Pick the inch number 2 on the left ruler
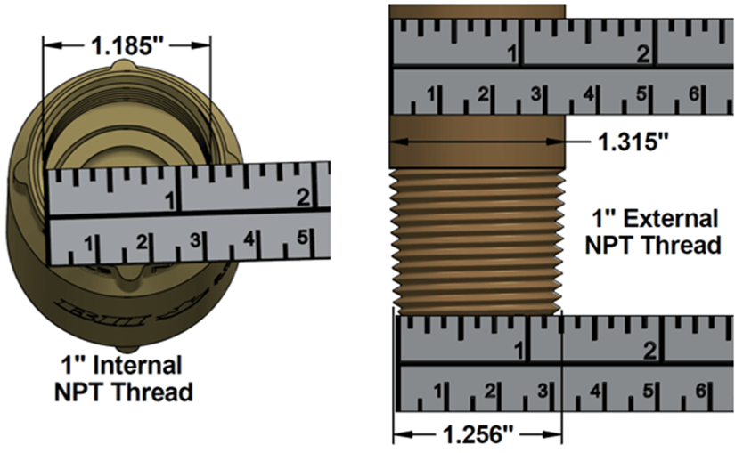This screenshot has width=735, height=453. click(x=303, y=198)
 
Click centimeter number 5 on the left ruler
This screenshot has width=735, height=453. click(x=302, y=239)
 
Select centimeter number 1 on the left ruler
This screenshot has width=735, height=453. click(x=89, y=242)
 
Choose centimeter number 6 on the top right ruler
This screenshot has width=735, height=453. click(x=696, y=93)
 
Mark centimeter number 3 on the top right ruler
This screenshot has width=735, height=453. click(x=536, y=93)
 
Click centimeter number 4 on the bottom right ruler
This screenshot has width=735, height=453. click(x=595, y=390)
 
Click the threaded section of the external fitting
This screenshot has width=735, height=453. click(x=477, y=240)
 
